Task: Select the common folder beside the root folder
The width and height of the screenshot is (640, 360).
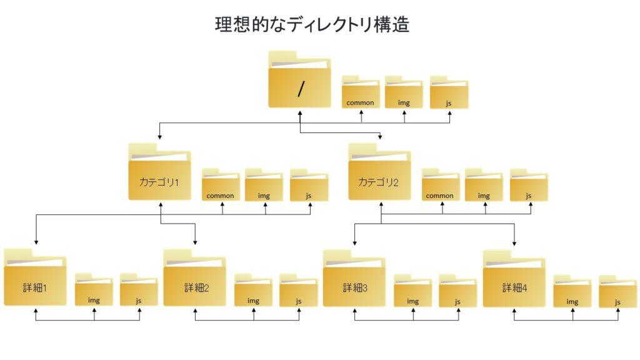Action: coord(361,94)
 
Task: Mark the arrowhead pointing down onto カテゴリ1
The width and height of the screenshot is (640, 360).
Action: coord(159,136)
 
